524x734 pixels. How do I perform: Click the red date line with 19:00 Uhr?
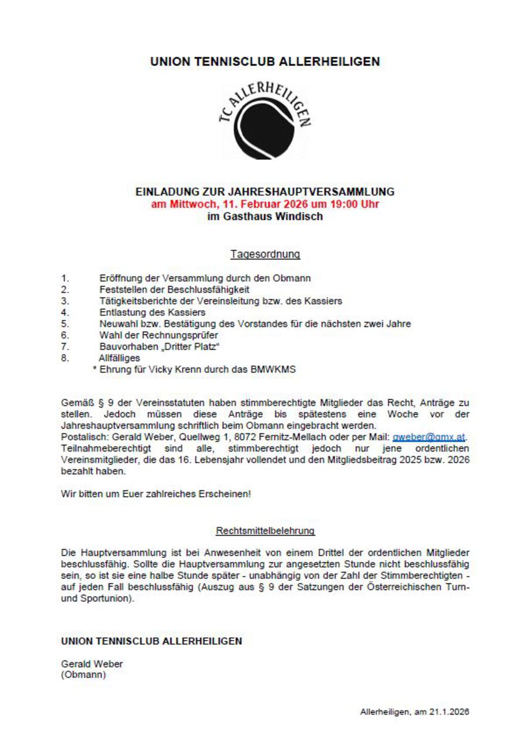pos(265,204)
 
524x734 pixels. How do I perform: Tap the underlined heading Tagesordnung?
pos(265,254)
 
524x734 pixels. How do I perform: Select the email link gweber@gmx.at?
pos(429,437)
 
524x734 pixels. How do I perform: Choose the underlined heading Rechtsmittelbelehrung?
pos(265,531)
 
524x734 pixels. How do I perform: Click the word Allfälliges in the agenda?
pos(119,358)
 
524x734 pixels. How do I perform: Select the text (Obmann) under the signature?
pos(83,675)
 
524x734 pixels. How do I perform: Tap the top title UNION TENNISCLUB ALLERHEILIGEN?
pos(265,61)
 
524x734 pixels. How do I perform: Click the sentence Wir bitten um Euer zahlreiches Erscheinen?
pos(156,494)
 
